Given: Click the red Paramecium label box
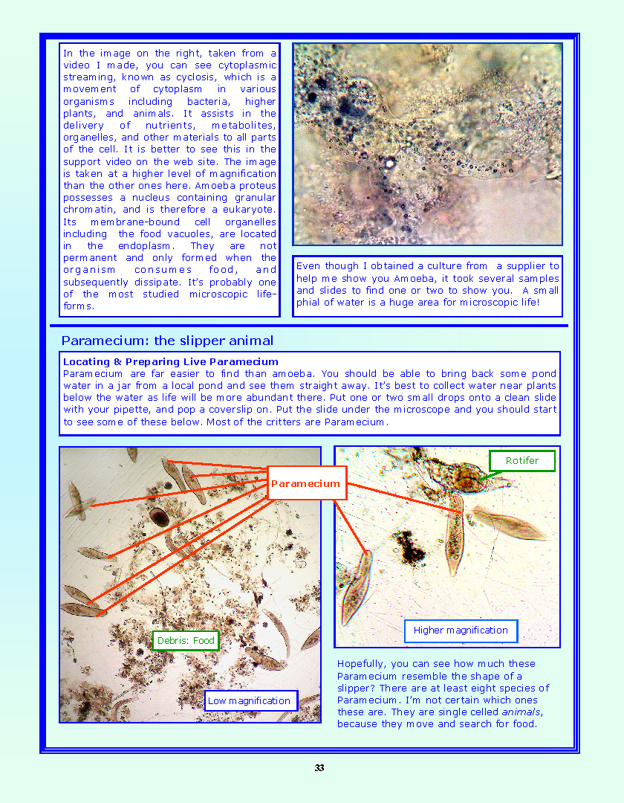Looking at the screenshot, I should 306,483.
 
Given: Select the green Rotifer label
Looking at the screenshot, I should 521,461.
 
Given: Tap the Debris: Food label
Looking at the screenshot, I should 186,640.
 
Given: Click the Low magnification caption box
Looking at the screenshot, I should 249,700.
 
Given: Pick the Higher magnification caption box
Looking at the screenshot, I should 461,631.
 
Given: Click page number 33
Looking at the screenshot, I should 319,768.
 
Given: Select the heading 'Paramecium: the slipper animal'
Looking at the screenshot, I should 167,341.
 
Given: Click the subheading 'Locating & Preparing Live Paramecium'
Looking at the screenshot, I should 171,362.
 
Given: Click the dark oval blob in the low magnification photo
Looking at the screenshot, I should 159,517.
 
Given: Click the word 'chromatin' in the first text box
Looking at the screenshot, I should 88,210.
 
